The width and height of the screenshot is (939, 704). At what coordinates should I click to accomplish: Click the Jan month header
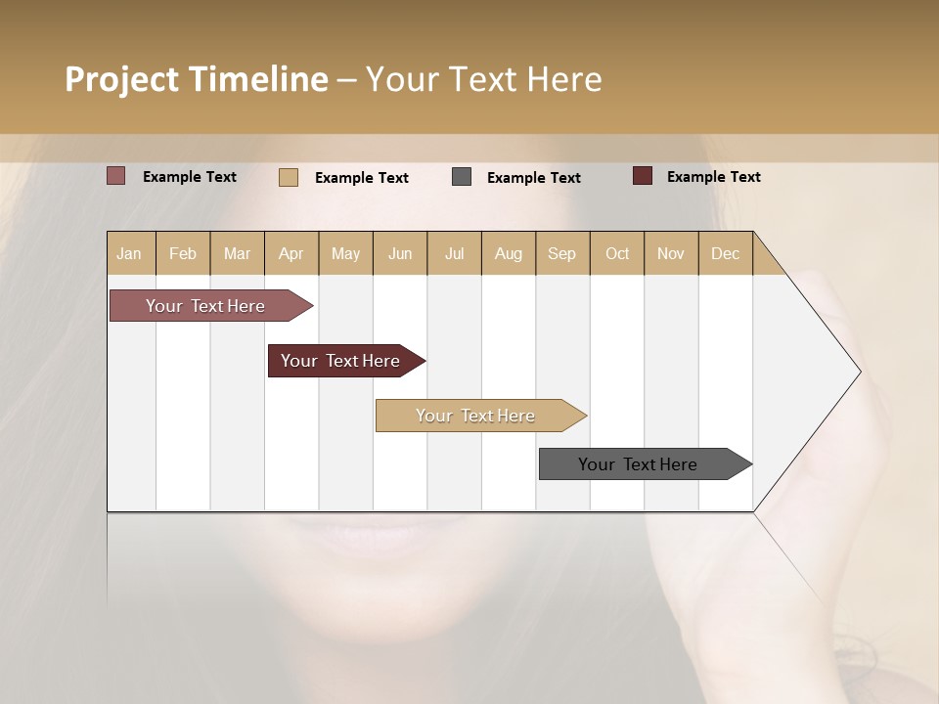[x=130, y=253]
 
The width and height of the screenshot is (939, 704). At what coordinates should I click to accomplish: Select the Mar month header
[x=237, y=253]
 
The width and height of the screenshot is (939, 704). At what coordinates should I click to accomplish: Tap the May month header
[x=345, y=253]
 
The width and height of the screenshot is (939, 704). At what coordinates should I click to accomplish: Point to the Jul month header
[x=454, y=253]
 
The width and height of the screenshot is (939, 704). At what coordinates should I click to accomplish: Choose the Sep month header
[x=561, y=253]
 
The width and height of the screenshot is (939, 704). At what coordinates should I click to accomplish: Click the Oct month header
[x=617, y=253]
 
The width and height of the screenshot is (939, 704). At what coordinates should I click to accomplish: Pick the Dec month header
[x=725, y=253]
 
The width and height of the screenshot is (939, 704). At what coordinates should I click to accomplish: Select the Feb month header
[x=183, y=253]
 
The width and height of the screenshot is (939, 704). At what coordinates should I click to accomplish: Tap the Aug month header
[x=508, y=253]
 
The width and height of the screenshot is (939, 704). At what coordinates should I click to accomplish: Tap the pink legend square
[x=116, y=176]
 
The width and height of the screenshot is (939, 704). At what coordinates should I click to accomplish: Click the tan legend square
[x=289, y=177]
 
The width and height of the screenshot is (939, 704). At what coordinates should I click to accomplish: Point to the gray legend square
[x=462, y=177]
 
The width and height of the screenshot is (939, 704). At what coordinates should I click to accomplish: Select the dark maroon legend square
[x=642, y=176]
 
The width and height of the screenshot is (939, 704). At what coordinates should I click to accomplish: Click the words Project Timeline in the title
[x=196, y=79]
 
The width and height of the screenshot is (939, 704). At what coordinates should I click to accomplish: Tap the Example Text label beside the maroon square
[x=713, y=177]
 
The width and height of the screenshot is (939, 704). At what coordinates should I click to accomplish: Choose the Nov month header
[x=671, y=253]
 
